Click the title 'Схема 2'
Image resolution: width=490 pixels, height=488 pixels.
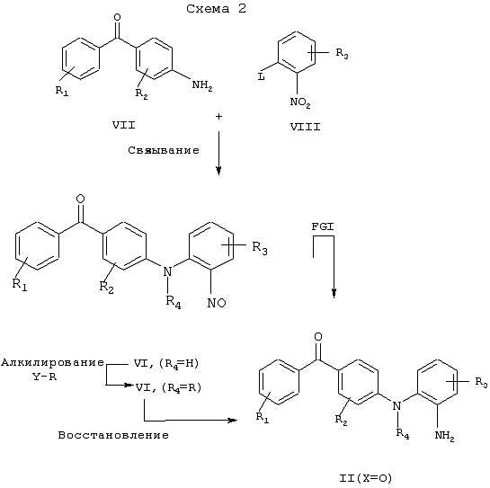tap(217, 8)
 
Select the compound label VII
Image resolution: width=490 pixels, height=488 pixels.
tap(124, 125)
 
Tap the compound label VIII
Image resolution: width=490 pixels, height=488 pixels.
tap(306, 127)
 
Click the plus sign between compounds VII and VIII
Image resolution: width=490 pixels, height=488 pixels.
tap(218, 117)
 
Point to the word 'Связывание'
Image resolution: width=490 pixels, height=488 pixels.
tap(164, 150)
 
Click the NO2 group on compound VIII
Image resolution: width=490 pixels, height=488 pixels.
tap(300, 102)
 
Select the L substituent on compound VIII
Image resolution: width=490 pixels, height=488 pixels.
tap(262, 76)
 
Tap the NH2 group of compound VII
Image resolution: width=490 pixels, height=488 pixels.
tap(202, 85)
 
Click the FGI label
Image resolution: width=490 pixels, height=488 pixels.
tap(323, 226)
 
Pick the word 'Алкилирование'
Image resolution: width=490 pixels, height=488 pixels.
tap(52, 362)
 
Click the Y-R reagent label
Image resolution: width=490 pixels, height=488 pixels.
tap(45, 377)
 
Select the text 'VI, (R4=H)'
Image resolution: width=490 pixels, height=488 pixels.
tap(166, 364)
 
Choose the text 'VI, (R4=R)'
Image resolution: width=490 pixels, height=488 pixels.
tap(168, 388)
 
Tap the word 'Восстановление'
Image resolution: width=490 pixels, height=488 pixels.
tap(113, 435)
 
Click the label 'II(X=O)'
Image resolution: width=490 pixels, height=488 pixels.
tap(365, 478)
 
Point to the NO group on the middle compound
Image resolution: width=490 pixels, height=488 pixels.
tap(217, 303)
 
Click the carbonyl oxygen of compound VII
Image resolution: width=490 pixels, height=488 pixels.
tap(117, 17)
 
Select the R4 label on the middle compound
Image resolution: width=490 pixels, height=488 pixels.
tap(174, 302)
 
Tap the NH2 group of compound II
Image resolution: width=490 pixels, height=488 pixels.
tap(444, 436)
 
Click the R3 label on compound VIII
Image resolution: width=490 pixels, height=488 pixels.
tap(343, 53)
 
